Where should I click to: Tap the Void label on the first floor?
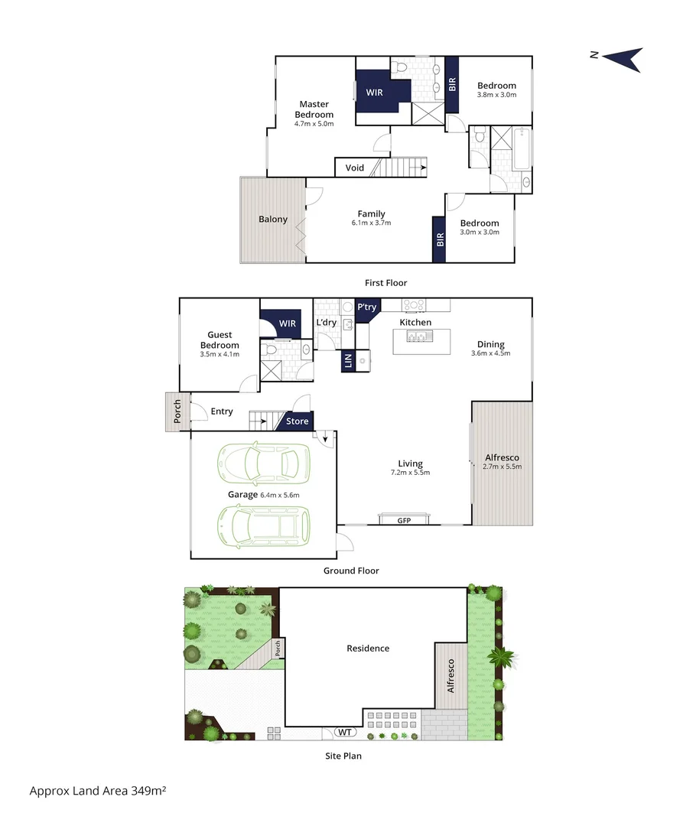click(355, 167)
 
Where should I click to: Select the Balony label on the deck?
click(273, 220)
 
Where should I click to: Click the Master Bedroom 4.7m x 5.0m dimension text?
click(314, 124)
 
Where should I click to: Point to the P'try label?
click(367, 307)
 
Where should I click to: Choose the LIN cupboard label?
click(349, 361)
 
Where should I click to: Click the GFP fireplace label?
click(404, 521)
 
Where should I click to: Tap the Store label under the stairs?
click(298, 421)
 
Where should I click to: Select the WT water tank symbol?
click(346, 732)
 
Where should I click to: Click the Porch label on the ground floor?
click(177, 411)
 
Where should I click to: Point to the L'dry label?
click(327, 323)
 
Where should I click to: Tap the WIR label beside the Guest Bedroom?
click(287, 324)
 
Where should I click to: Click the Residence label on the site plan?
click(368, 649)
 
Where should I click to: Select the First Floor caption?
click(386, 283)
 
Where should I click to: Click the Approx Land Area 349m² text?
click(98, 791)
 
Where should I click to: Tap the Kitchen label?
click(416, 323)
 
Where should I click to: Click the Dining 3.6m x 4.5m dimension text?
click(490, 353)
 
